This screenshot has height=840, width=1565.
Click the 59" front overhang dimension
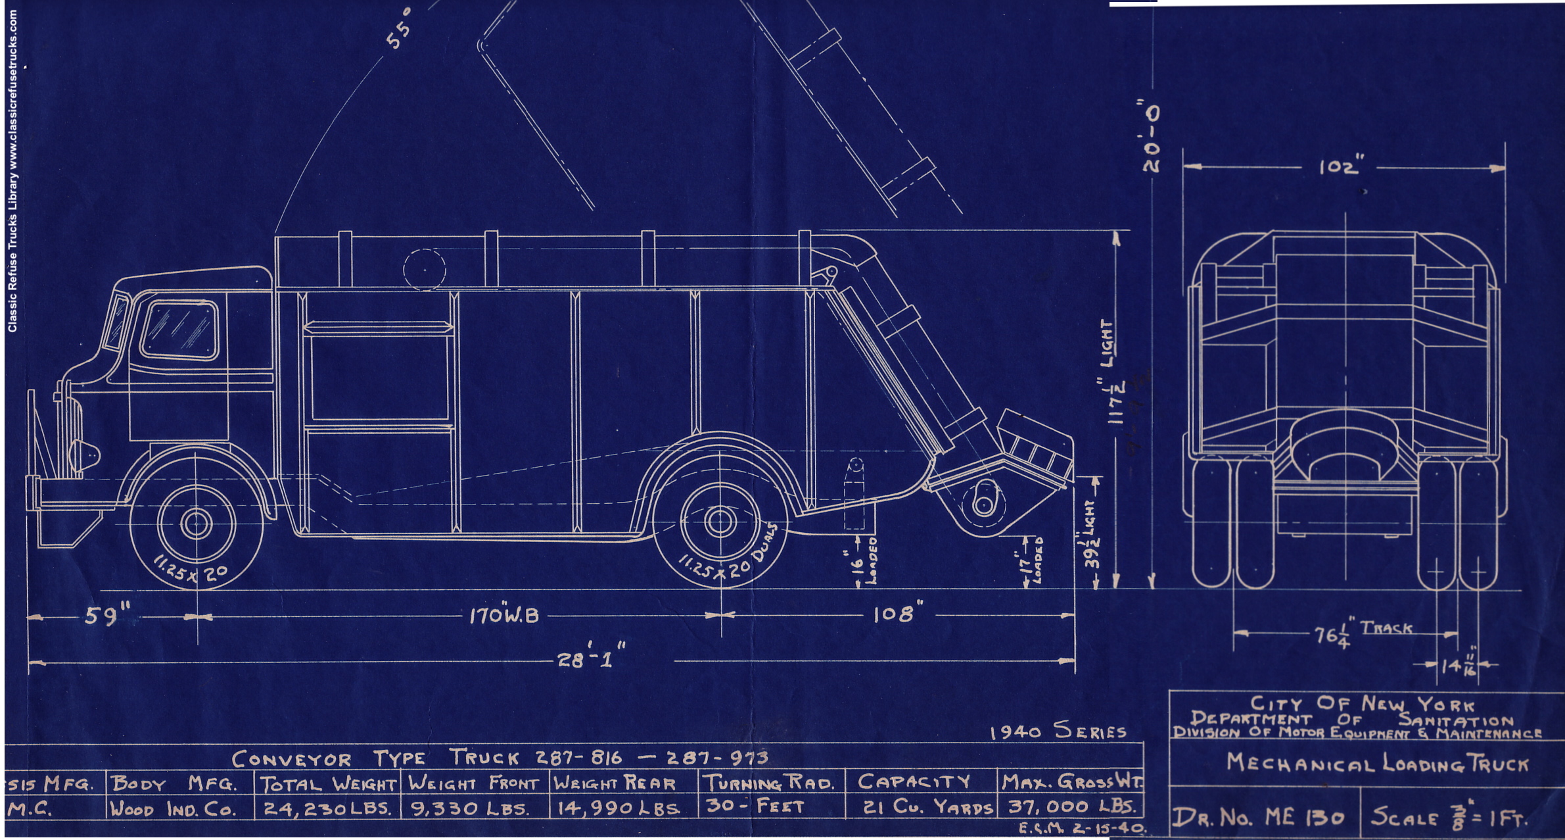click(108, 616)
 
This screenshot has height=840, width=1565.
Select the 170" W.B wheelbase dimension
click(503, 616)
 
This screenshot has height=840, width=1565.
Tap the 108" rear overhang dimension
click(894, 614)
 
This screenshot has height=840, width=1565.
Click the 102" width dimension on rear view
click(1338, 168)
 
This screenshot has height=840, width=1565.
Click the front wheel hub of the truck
click(197, 523)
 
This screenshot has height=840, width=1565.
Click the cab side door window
click(179, 330)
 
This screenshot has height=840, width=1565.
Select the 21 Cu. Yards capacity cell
click(927, 808)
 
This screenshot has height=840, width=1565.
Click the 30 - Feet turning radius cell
click(755, 806)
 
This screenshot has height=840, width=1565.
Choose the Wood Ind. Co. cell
click(173, 809)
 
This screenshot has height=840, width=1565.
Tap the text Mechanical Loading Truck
click(1377, 763)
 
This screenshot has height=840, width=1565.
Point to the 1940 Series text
click(1058, 732)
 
